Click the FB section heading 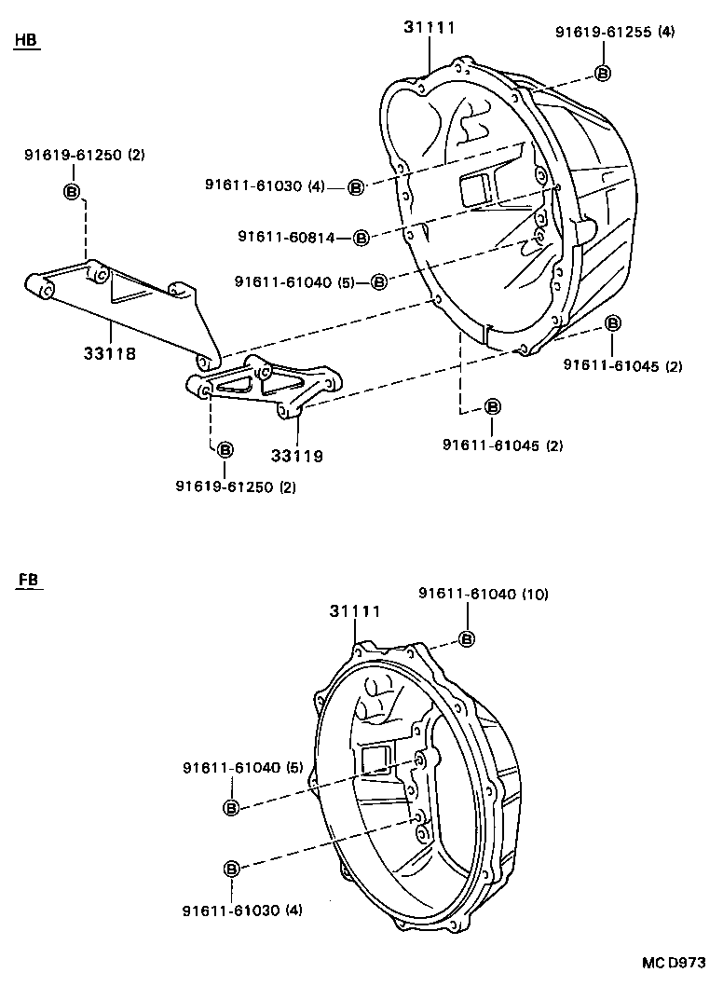(27, 582)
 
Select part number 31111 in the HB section (430, 28)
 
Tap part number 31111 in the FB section (354, 612)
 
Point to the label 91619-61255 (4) (614, 32)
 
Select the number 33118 (111, 354)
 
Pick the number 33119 (297, 456)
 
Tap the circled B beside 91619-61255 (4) (602, 74)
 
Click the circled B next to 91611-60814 (361, 238)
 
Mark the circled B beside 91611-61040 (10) (466, 638)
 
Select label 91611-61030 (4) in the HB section (265, 185)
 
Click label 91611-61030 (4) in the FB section (241, 909)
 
